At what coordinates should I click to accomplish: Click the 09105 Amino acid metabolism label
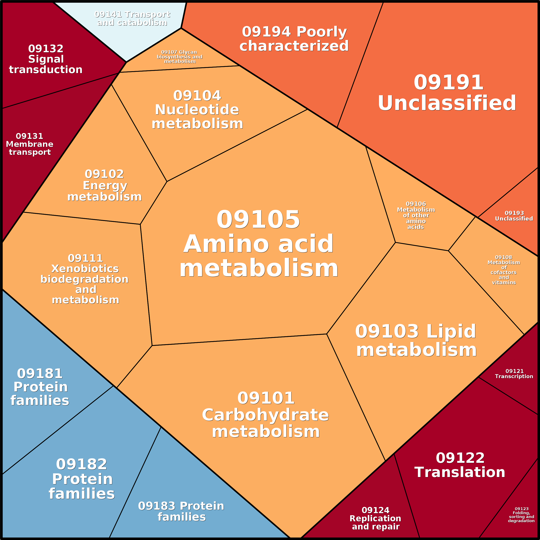[259, 244]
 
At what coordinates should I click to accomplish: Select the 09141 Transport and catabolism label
[132, 18]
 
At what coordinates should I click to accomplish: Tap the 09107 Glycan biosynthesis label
[179, 57]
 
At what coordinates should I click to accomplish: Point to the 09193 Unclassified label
[514, 216]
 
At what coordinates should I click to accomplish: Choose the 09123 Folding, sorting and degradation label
[521, 515]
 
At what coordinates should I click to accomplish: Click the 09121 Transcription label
[514, 373]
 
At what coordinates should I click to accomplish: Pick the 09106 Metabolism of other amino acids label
[416, 215]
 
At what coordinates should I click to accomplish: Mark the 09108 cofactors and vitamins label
[504, 270]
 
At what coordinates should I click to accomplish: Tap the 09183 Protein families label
[181, 511]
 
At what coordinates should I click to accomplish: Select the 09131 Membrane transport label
[30, 144]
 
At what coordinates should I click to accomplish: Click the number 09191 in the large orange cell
[448, 83]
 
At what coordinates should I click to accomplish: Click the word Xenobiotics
[85, 268]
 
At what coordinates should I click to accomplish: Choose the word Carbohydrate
[265, 415]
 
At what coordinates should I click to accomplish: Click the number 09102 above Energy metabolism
[104, 174]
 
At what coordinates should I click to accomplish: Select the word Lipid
[451, 331]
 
